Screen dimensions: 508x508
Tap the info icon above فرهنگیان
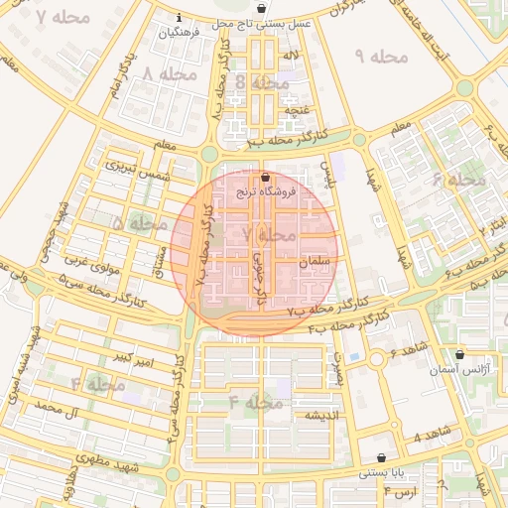pos(179,18)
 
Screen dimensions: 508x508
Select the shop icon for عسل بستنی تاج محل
pos(261,9)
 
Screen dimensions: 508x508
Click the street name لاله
pos(292,56)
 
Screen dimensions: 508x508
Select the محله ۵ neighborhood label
pos(139,224)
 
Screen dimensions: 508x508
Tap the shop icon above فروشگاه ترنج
pos(264,177)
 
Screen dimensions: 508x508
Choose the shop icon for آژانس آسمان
pos(458,354)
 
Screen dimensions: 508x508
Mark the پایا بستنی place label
pos(382,475)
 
